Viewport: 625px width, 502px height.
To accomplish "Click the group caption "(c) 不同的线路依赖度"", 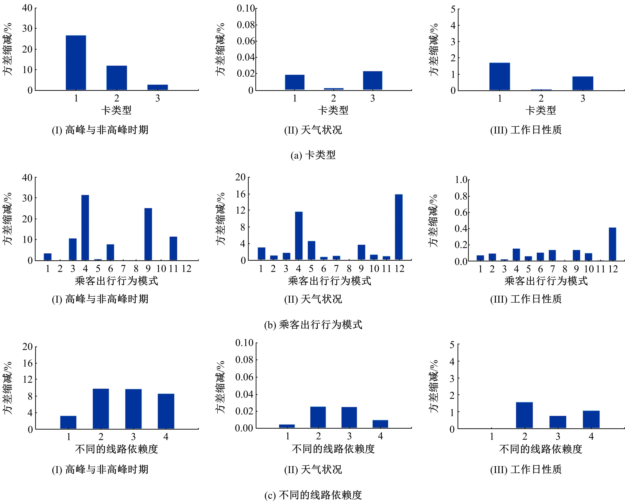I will pos(313,495).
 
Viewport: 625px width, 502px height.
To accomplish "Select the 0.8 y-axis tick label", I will pos(461,196).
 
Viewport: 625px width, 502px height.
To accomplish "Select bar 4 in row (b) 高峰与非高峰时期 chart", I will pos(85,228).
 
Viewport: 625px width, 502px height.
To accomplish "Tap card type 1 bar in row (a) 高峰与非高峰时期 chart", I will pos(76,63).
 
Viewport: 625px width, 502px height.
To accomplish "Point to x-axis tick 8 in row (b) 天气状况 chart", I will pos(349,269).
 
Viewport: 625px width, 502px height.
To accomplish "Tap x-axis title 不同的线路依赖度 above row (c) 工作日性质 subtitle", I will pos(541,449).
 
